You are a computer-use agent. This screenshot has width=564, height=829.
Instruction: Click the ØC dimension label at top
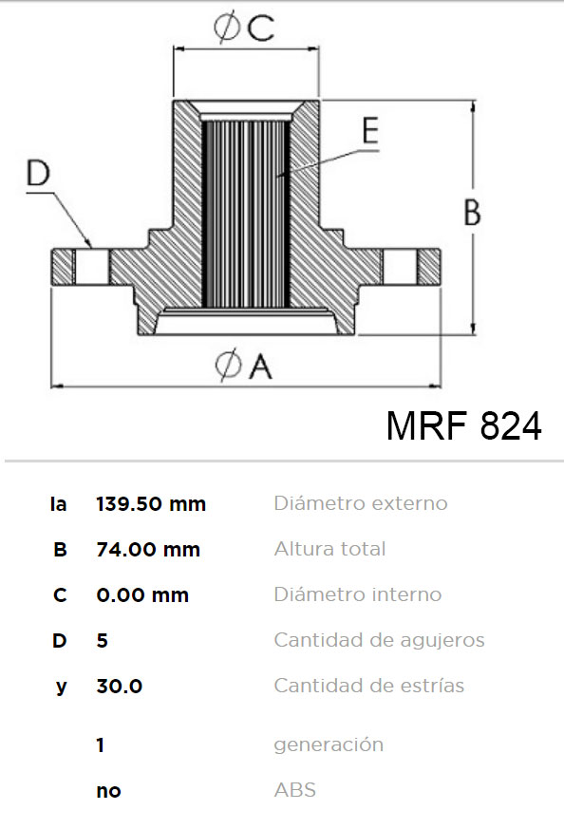(x=244, y=28)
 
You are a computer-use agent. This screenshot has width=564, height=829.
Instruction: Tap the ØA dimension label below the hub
(x=244, y=366)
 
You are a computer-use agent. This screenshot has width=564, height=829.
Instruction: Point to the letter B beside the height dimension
(x=472, y=212)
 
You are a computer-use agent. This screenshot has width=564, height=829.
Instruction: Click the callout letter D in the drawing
(x=39, y=173)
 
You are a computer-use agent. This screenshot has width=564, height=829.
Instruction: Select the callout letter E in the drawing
(x=370, y=130)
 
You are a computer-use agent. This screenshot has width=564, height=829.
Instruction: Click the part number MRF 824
(x=464, y=425)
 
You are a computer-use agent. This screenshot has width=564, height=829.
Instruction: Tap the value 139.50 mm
(x=151, y=504)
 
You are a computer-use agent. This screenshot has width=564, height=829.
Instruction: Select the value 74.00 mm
(x=148, y=550)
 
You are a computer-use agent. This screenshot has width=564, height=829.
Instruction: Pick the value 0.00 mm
(x=142, y=595)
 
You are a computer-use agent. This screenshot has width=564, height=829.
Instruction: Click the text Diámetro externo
(x=361, y=502)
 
